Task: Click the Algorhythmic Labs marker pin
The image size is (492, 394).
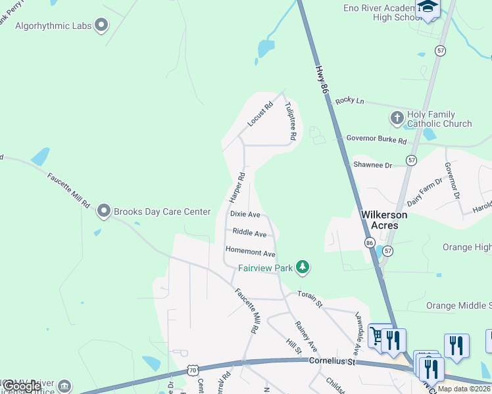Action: pyautogui.click(x=101, y=25)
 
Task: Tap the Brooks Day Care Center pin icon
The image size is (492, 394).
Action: pyautogui.click(x=103, y=211)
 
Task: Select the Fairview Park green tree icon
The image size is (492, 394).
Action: pyautogui.click(x=302, y=267)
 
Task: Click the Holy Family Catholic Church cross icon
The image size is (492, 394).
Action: pyautogui.click(x=397, y=119)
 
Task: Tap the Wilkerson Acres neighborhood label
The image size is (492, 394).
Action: pyautogui.click(x=384, y=220)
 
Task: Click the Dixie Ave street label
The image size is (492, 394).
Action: pyautogui.click(x=245, y=214)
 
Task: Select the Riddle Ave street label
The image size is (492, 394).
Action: pyautogui.click(x=249, y=233)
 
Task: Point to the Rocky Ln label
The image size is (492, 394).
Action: pyautogui.click(x=349, y=100)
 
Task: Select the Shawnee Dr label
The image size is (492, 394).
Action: pyautogui.click(x=372, y=165)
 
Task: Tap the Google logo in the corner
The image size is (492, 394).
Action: pyautogui.click(x=22, y=386)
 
